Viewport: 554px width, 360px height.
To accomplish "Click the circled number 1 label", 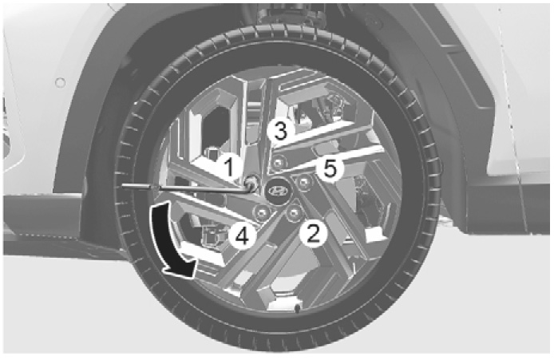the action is pos(230,167).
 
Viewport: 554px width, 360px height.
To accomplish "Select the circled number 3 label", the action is pos(280,132).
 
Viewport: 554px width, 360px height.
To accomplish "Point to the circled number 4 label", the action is pos(242,236).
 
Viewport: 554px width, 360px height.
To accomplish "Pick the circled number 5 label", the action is pos(330,169).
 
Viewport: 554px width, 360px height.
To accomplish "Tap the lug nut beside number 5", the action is pos(303,182).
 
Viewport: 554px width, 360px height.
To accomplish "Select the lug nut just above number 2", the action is pos(294,212).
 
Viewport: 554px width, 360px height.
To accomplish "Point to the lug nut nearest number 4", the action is pos(262,212).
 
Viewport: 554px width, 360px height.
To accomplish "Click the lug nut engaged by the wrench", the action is pos(252,182).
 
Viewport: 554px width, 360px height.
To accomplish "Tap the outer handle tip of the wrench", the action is pos(123,186).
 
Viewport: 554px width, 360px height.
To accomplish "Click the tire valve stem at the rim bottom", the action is pos(298,309).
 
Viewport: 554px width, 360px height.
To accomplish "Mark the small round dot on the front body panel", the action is pos(61,83).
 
